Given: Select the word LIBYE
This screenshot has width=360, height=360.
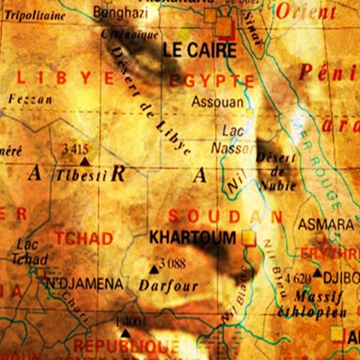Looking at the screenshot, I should tap(65, 77).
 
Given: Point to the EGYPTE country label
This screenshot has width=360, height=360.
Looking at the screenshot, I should tap(211, 81).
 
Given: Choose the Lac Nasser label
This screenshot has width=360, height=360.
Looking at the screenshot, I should tap(235, 139).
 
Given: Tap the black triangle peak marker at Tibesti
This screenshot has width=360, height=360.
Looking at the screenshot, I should tap(84, 160).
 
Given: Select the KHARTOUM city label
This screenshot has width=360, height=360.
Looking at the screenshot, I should tap(193, 237).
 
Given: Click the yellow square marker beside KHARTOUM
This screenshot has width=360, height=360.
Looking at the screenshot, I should tap(248, 238).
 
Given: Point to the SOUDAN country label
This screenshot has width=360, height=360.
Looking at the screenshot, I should tap(225, 217).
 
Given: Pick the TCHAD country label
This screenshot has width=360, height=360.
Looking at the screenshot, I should tap(83, 238).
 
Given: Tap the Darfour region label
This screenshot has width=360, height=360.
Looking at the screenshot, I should tap(168, 285).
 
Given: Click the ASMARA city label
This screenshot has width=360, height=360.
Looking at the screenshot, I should tap(325, 224).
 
